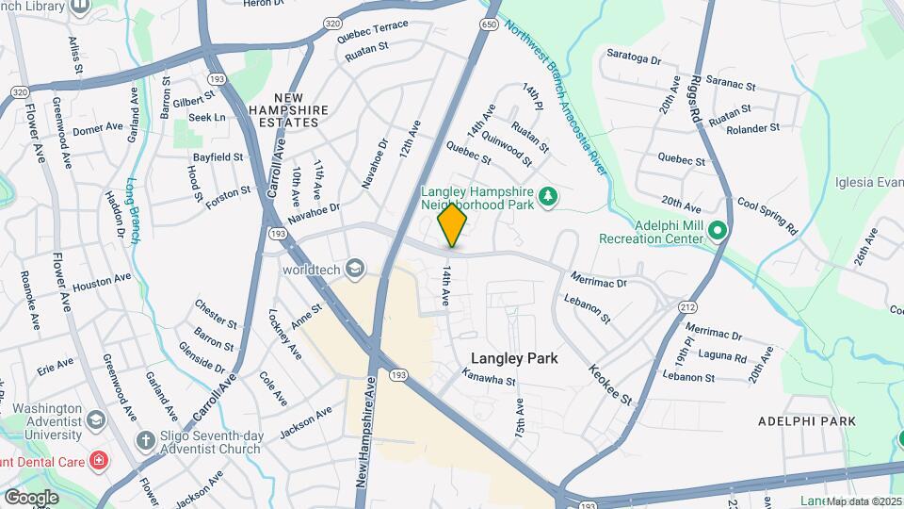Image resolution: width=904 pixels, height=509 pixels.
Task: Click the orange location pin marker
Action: pyautogui.click(x=453, y=224)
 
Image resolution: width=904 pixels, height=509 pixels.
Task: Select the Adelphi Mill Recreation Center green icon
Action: pyautogui.click(x=717, y=230)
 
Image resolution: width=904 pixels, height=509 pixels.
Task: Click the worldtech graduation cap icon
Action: pyautogui.click(x=355, y=269)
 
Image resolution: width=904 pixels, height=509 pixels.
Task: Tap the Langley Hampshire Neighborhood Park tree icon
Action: pyautogui.click(x=547, y=196)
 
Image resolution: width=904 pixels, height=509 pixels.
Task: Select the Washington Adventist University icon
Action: pyautogui.click(x=96, y=418)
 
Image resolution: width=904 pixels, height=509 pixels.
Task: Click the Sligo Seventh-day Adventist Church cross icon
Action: pyautogui.click(x=145, y=439)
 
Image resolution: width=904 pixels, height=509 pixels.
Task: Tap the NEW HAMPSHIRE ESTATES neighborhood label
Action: pyautogui.click(x=301, y=104)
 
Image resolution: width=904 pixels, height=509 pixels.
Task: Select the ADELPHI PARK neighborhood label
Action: pyautogui.click(x=807, y=420)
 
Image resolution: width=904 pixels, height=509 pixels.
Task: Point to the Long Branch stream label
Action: pyautogui.click(x=132, y=212)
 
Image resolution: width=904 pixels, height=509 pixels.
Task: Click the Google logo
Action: pyautogui.click(x=31, y=497)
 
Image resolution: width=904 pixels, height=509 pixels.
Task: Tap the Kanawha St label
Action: pyautogui.click(x=489, y=376)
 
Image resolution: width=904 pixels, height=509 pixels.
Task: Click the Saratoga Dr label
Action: pyautogui.click(x=634, y=57)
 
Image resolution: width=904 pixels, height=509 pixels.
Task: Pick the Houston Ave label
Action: pyautogui.click(x=102, y=281)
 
